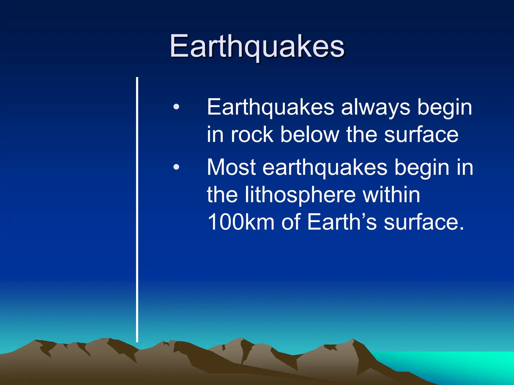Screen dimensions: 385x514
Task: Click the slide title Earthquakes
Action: coord(257,46)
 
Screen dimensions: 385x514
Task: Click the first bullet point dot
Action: coord(176,107)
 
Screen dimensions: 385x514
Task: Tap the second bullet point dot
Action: coord(176,167)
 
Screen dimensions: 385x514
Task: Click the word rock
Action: coord(252,135)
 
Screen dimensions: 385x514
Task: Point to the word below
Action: coord(310,135)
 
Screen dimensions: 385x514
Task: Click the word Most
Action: coord(231,167)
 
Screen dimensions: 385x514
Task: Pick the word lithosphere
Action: coord(300,195)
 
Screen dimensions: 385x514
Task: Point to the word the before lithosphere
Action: coord(222,195)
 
